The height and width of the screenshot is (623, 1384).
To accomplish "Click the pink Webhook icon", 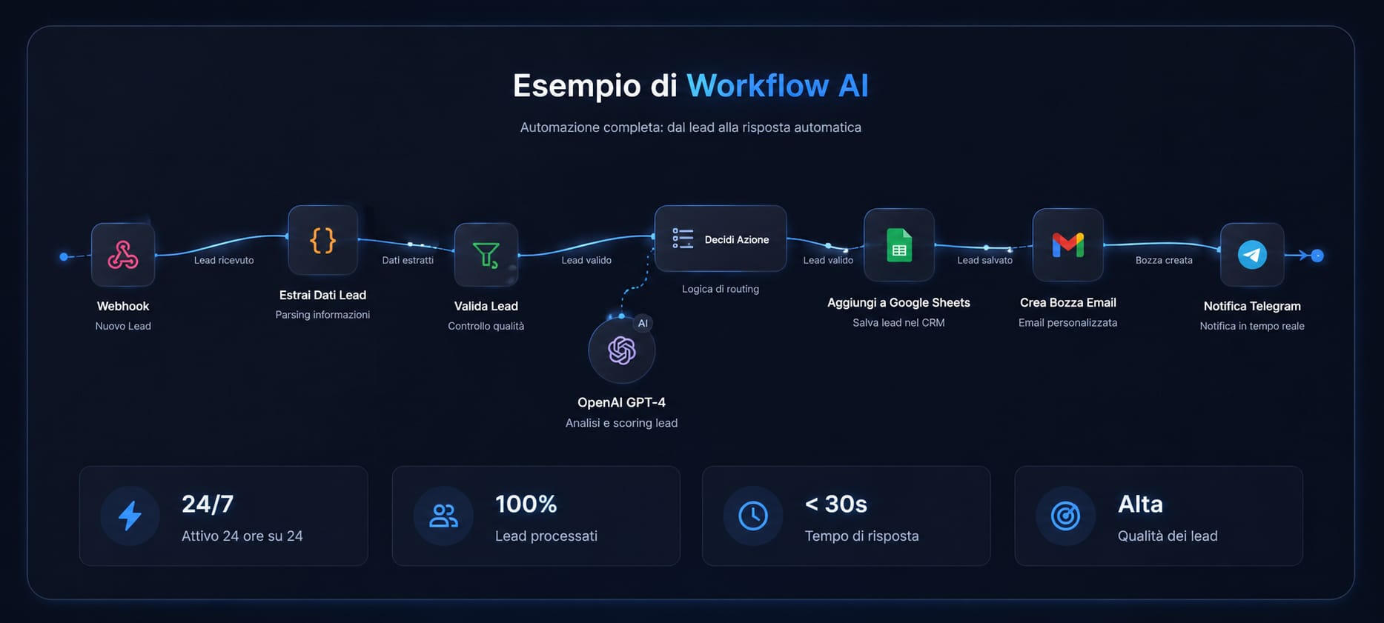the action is [x=123, y=255].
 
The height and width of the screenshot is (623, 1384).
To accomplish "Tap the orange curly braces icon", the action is [x=322, y=240].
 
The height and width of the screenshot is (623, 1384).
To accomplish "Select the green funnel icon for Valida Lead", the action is [x=486, y=255].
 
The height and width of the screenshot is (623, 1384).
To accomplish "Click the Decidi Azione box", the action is [x=721, y=239].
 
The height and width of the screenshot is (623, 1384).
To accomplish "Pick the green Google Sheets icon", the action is [x=899, y=245].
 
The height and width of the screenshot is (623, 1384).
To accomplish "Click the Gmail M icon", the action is [x=1068, y=244].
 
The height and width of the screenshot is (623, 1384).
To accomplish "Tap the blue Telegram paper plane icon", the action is [x=1252, y=255].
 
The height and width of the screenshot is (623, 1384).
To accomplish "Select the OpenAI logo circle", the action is [x=621, y=350].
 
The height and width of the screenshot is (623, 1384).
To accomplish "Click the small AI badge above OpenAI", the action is [x=643, y=323].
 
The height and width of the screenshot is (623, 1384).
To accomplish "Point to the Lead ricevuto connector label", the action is [x=224, y=260].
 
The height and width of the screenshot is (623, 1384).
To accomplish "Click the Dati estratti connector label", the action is [x=408, y=260].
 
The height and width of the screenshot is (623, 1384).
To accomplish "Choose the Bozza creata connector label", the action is [x=1164, y=260].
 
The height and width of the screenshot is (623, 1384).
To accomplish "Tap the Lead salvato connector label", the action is [x=984, y=260].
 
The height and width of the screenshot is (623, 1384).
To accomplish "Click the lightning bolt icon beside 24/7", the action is [x=130, y=516].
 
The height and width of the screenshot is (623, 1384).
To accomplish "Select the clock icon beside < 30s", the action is [x=753, y=516].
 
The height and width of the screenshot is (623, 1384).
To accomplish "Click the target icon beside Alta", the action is [x=1065, y=516].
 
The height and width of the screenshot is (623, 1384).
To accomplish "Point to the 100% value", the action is [x=526, y=504].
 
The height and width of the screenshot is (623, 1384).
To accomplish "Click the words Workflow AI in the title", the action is [x=777, y=85].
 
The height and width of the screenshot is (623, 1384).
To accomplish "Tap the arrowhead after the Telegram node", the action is [x=1303, y=256].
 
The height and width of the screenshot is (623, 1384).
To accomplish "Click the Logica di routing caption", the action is [x=721, y=289].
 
